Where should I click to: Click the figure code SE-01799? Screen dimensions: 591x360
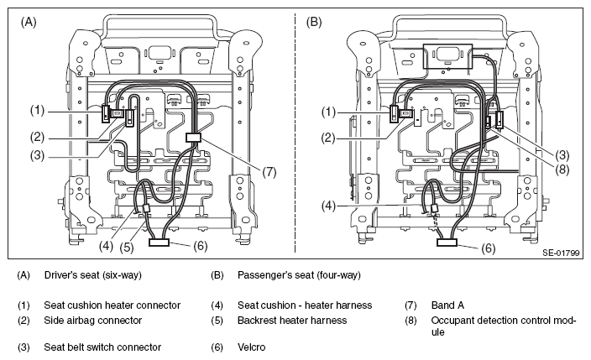click(561, 253)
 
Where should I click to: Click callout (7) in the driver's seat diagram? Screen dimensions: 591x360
click(269, 172)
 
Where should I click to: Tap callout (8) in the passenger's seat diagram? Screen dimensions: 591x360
click(562, 170)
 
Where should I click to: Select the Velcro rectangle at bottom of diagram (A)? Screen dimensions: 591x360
click(159, 242)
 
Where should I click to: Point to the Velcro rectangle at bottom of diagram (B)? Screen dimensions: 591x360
click(447, 242)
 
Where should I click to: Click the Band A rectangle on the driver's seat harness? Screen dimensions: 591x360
click(193, 138)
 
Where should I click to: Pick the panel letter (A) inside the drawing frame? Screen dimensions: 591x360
click(29, 23)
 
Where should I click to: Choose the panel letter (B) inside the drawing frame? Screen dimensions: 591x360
click(314, 23)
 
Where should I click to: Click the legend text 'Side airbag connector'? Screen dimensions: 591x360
click(92, 321)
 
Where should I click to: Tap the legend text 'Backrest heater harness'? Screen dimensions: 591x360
click(292, 321)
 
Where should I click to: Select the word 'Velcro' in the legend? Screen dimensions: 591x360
click(251, 347)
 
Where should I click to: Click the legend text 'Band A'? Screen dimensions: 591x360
click(447, 305)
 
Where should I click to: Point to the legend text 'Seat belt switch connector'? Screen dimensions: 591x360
click(102, 347)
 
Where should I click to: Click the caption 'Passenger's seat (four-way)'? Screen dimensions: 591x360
click(299, 275)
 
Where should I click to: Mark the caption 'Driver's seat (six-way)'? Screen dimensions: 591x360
click(92, 275)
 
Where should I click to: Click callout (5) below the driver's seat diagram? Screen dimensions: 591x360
click(127, 248)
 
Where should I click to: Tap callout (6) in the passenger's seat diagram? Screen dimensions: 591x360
click(488, 248)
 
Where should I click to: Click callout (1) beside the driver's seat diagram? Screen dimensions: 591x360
click(37, 111)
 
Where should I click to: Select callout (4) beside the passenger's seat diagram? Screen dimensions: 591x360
click(328, 206)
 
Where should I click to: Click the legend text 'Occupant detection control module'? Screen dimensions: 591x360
click(504, 326)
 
